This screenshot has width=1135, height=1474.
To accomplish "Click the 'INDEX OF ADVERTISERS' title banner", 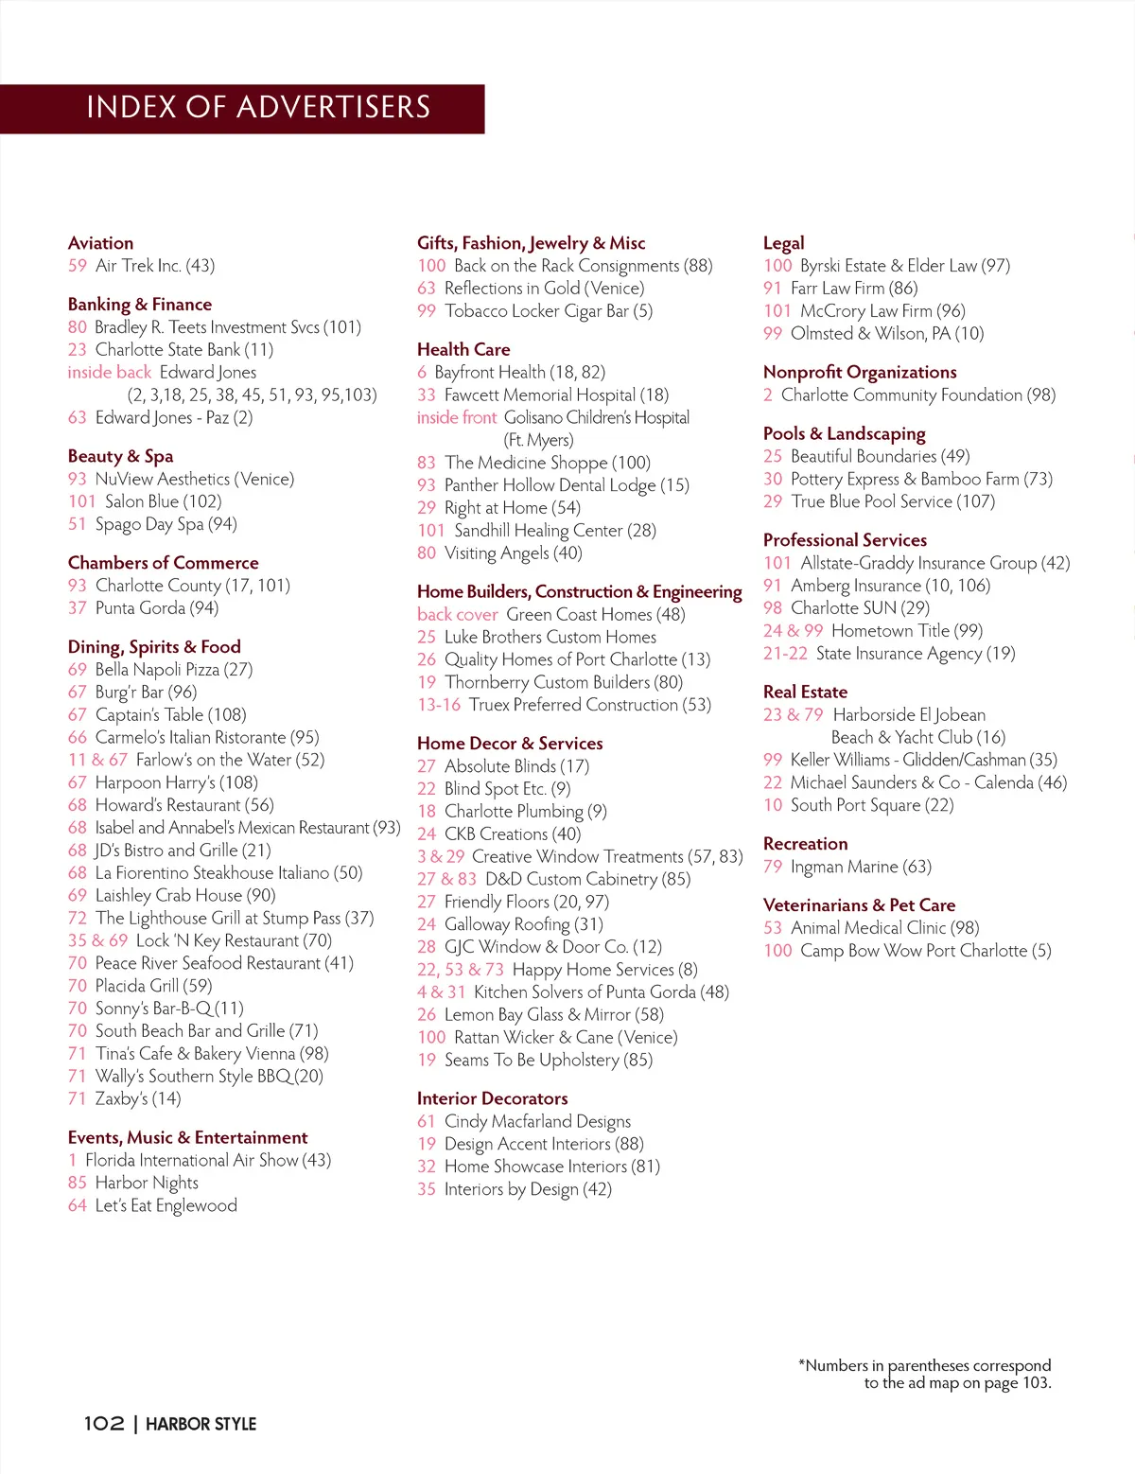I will pyautogui.click(x=257, y=108).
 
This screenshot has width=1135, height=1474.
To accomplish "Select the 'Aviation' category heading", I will pyautogui.click(x=100, y=243).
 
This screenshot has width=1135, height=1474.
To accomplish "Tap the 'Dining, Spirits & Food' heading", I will pyautogui.click(x=154, y=647).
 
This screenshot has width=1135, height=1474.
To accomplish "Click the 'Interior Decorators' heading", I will pyautogui.click(x=492, y=1098).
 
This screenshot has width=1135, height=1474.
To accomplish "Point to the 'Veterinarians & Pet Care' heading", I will pyautogui.click(x=859, y=905).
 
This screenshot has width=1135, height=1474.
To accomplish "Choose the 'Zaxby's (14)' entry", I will pyautogui.click(x=137, y=1098).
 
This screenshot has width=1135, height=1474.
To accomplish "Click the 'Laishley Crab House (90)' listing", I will pyautogui.click(x=185, y=895).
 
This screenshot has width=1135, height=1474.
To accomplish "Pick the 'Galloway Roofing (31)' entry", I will pyautogui.click(x=523, y=924).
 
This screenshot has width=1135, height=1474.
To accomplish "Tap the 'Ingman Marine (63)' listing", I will pyautogui.click(x=861, y=867).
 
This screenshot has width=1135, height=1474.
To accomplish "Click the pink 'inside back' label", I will pyautogui.click(x=109, y=373).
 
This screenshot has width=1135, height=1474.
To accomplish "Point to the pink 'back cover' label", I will pyautogui.click(x=457, y=615).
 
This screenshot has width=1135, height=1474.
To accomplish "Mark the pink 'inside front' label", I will pyautogui.click(x=456, y=418).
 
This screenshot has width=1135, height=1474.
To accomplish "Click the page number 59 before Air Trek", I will pyautogui.click(x=78, y=266).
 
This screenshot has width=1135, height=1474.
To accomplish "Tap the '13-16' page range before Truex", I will pyautogui.click(x=438, y=705).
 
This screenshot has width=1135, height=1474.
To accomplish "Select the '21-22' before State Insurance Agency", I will pyautogui.click(x=785, y=654).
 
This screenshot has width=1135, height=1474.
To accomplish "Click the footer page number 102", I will pyautogui.click(x=103, y=1424).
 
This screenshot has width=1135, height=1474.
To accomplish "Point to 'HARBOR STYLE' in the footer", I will pyautogui.click(x=201, y=1424).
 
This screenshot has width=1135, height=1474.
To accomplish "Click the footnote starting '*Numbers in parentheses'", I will pyautogui.click(x=924, y=1374).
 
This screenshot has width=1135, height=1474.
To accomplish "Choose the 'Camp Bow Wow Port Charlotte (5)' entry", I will pyautogui.click(x=925, y=951).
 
